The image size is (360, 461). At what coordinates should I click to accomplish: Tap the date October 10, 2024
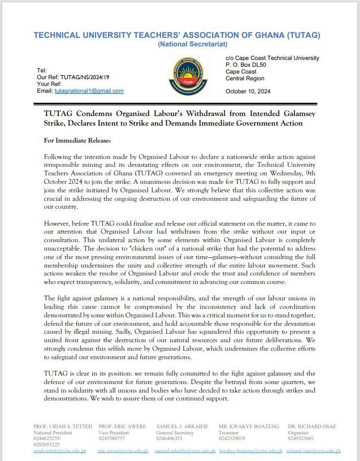[249, 91]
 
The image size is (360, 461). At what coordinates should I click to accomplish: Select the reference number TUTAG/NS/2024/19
[81, 77]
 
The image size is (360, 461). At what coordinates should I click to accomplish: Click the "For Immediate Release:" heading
[77, 140]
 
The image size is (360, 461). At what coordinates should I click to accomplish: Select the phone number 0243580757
[112, 438]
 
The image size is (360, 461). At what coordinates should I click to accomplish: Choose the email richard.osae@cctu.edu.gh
[313, 451]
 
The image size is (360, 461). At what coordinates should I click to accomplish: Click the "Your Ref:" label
[49, 84]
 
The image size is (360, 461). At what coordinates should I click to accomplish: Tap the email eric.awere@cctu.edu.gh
[123, 451]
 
